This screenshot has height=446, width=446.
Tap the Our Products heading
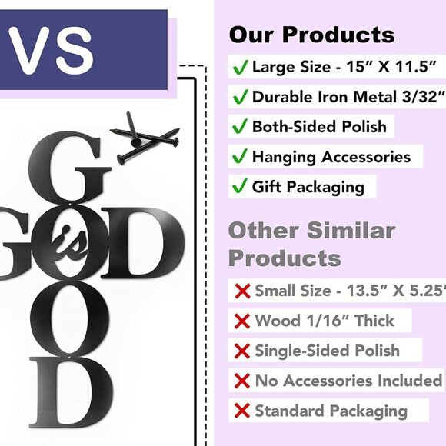pos(311,35)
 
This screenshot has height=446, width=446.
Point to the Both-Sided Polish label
pos(319,127)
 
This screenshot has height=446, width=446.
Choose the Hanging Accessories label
pos(331,157)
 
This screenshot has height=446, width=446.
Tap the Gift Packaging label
pos(308,187)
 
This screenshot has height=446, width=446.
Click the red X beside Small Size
pos(243,291)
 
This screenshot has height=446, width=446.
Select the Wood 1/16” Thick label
pos(325,321)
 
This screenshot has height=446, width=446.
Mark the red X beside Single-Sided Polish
pos(243,351)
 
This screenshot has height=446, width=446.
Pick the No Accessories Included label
pos(348,381)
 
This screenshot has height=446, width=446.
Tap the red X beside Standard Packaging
pos(243,411)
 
